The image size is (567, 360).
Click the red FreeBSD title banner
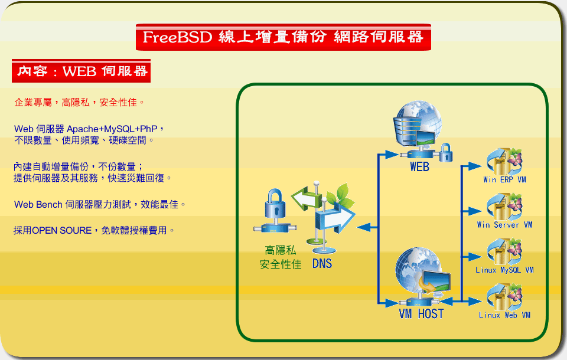pos(283,37)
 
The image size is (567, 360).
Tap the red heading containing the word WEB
pos(81,71)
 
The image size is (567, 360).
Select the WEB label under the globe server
pos(419,166)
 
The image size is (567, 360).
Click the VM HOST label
pos(421,313)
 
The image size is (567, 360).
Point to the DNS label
pos(322,263)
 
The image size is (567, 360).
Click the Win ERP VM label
pos(505,179)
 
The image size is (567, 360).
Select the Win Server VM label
pos(505,225)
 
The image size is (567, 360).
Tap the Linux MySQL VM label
pos(505,270)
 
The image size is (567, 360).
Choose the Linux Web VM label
pos(505,315)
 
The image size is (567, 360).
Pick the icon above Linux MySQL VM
pos(505,251)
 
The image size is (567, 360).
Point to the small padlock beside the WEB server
pos(446,152)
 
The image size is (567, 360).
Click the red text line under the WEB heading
pos(79,103)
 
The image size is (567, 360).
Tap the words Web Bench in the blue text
pos(38,205)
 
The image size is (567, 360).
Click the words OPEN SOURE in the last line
pos(62,231)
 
